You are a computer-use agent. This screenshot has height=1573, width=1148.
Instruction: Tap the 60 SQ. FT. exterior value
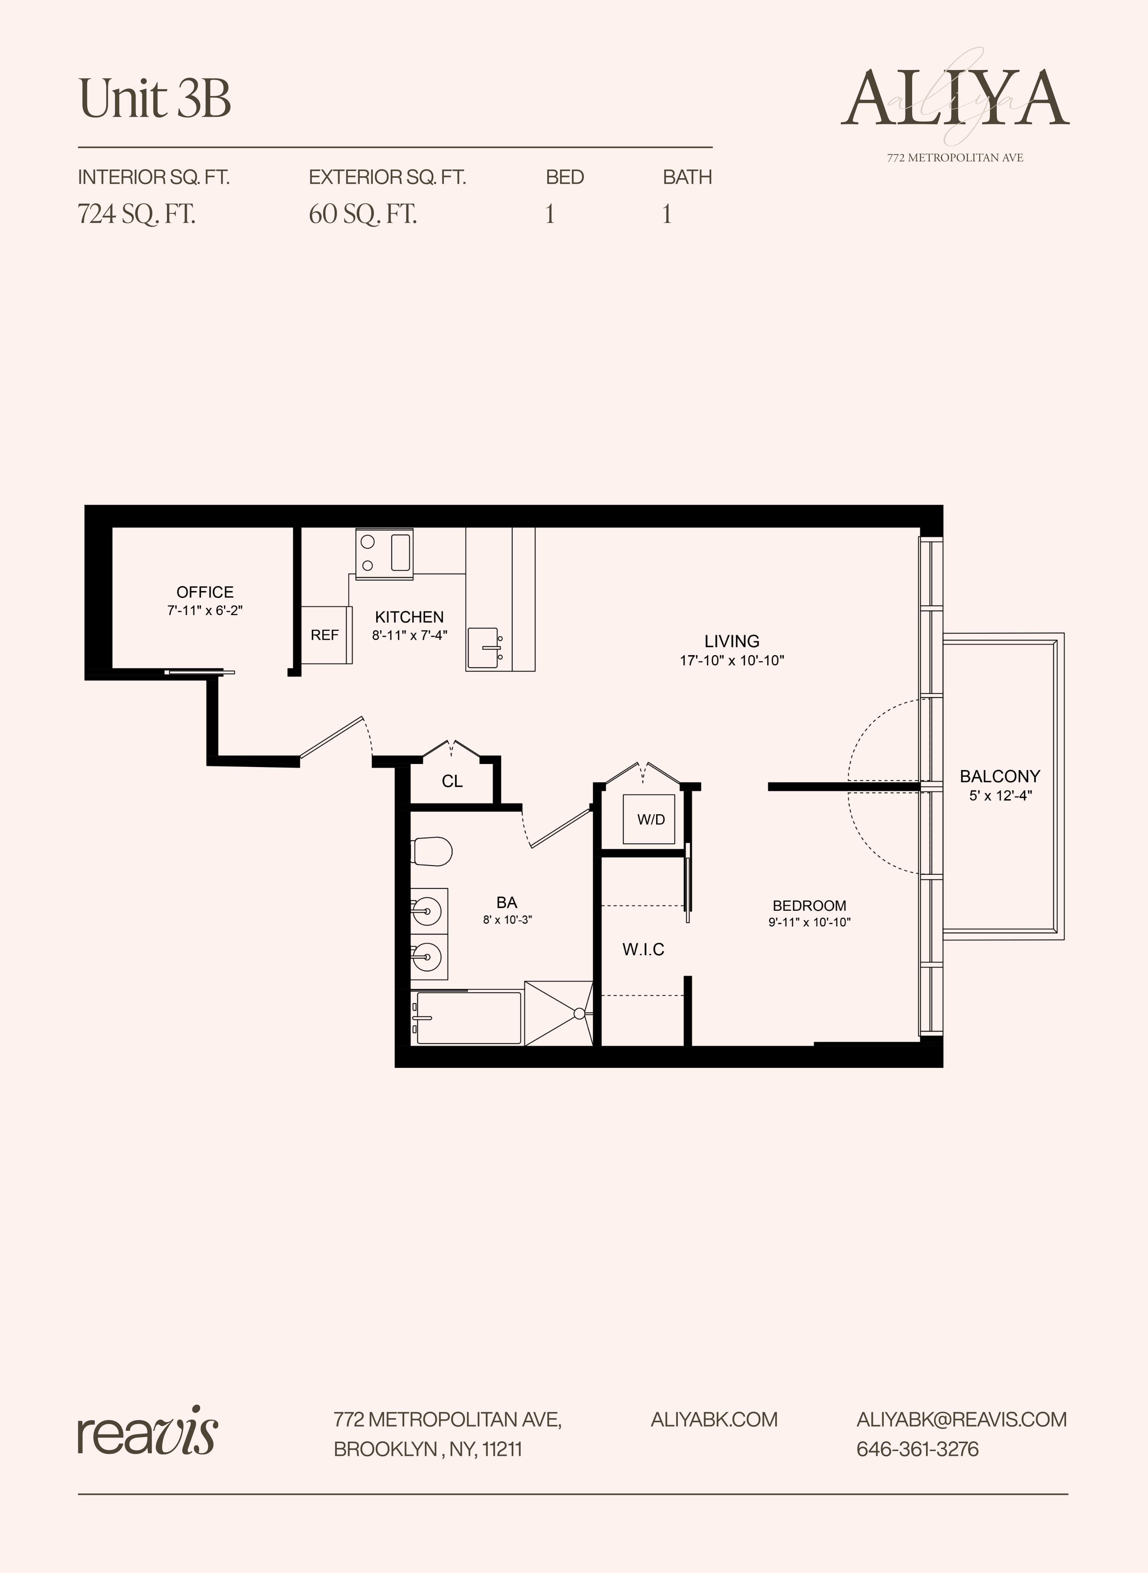[363, 214]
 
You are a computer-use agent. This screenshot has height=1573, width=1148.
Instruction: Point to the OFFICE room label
[205, 592]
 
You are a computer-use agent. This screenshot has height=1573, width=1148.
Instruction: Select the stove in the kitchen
[384, 553]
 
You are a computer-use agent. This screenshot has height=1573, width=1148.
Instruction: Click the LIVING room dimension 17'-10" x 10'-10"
[732, 660]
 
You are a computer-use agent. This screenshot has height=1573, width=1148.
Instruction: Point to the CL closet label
[452, 781]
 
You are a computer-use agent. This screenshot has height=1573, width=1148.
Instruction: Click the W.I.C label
[643, 949]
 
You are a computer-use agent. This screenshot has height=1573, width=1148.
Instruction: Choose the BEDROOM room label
[809, 905]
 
